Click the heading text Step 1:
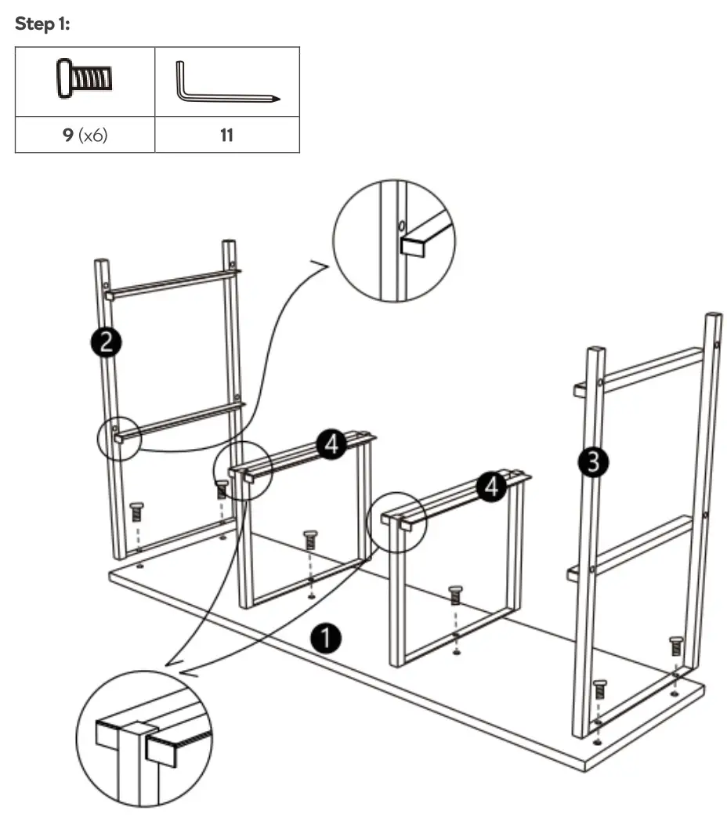[42, 24]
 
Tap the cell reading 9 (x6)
[85, 135]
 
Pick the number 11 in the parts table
[226, 135]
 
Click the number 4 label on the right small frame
[492, 487]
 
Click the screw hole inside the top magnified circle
[401, 226]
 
